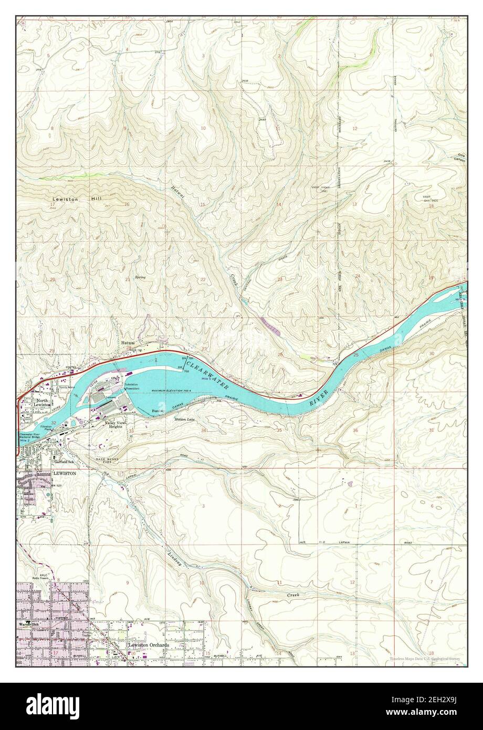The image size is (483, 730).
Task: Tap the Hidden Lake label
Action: coord(185,419)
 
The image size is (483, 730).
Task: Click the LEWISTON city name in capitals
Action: coord(64,473)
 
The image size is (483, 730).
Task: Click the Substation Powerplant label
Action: coord(132,387)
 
